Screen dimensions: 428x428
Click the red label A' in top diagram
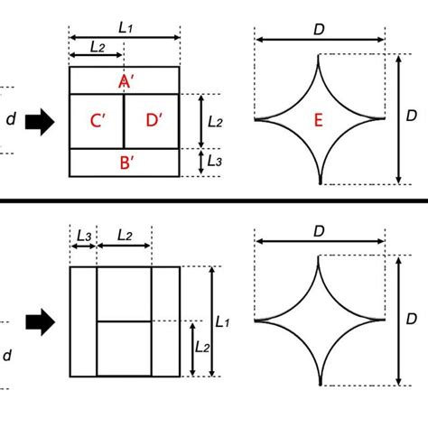(126, 82)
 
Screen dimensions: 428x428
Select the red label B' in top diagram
(126, 163)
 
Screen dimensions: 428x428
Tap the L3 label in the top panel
(214, 162)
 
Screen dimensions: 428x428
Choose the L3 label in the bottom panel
(83, 235)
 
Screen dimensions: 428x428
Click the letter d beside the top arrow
(11, 120)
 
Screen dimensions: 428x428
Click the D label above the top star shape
(321, 28)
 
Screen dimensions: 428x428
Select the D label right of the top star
(412, 117)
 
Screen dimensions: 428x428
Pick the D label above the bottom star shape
(321, 230)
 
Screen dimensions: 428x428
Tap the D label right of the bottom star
(412, 320)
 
